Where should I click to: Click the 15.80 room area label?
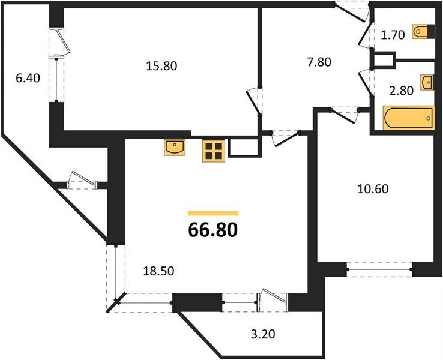(x=162, y=66)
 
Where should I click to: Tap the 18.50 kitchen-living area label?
(x=158, y=271)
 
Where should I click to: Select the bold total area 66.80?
(x=213, y=230)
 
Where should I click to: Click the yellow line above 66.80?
(x=213, y=212)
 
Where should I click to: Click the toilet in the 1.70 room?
(x=421, y=32)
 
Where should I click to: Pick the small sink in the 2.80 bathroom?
(x=427, y=82)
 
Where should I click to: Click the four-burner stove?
(x=213, y=150)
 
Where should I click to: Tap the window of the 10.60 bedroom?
(x=379, y=271)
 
